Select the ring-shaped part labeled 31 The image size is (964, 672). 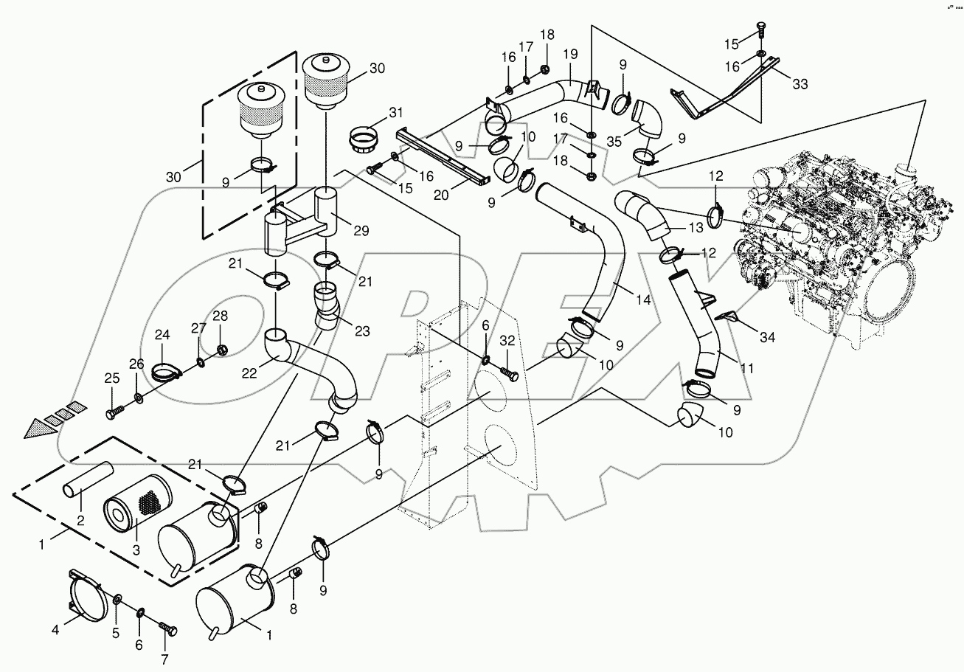tap(363, 139)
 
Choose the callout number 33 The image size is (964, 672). tap(800, 83)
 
